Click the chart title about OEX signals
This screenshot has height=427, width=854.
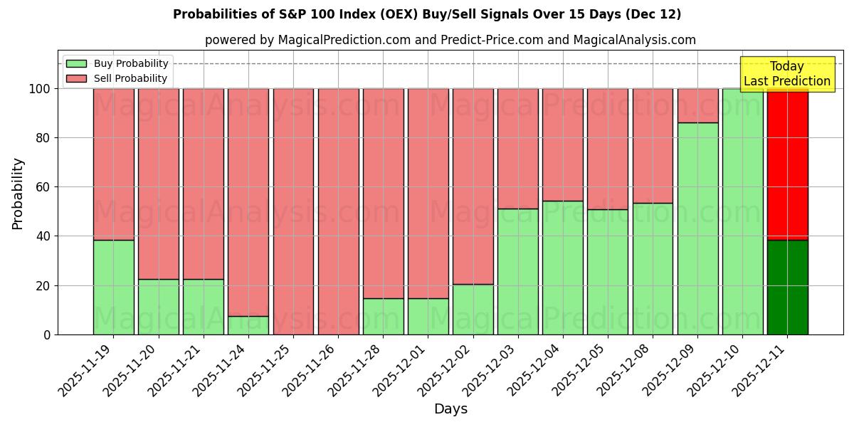pos(427,14)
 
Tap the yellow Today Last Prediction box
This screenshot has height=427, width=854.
pos(786,74)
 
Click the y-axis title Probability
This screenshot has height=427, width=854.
pos(18,194)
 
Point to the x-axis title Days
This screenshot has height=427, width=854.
pos(450,409)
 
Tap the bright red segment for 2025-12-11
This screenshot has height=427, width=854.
pos(787,164)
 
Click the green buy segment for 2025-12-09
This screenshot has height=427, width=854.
pos(697,228)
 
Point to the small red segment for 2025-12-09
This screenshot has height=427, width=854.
pos(697,105)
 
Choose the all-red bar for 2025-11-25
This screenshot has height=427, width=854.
pos(293,211)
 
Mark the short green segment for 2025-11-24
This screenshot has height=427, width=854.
pos(248,325)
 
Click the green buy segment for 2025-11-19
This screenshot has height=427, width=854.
pos(114,287)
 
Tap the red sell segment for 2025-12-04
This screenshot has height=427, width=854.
pos(562,144)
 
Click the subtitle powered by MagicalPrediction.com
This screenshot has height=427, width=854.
pos(450,40)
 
